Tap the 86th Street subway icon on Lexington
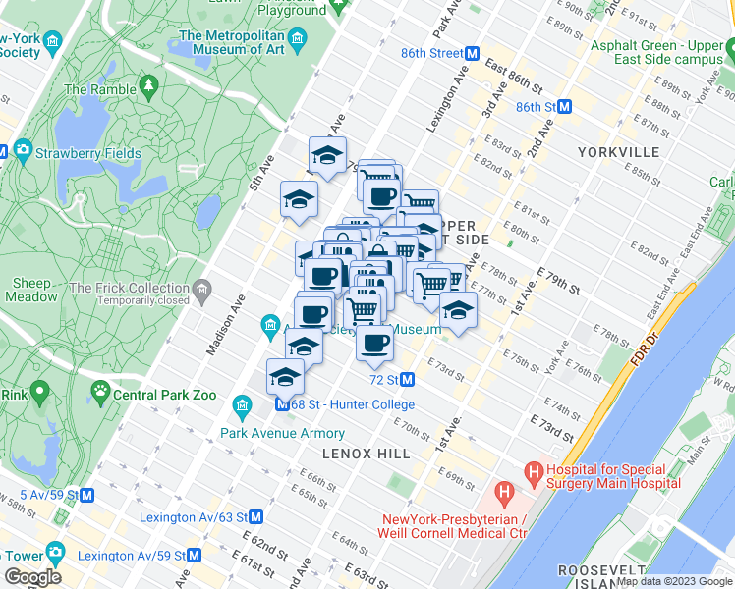[x=472, y=53]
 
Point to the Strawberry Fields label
[x=88, y=154]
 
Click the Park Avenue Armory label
[x=282, y=433]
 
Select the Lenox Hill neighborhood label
[x=366, y=454]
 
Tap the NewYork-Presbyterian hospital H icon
[x=505, y=490]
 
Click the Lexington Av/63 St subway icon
[x=255, y=516]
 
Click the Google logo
[x=32, y=577]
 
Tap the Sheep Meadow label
[x=32, y=291]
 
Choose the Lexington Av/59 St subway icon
[x=194, y=554]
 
